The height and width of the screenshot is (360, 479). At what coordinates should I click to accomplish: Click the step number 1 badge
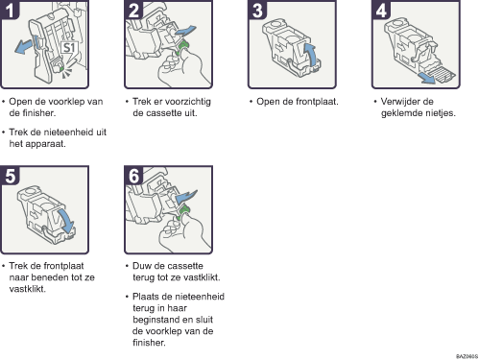[x=10, y=10]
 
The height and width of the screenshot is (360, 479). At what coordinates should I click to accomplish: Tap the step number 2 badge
[x=133, y=10]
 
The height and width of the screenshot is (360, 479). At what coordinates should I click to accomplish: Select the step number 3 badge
[x=257, y=10]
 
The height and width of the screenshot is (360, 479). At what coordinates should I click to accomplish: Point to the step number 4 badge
[x=381, y=10]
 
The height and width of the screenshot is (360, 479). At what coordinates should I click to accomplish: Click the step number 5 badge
[x=10, y=175]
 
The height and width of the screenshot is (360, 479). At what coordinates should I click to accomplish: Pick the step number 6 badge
[x=133, y=175]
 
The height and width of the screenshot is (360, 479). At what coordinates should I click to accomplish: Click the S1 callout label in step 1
[x=68, y=48]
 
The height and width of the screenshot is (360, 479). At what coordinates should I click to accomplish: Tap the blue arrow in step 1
[x=24, y=46]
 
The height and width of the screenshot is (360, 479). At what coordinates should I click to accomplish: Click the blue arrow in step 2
[x=185, y=31]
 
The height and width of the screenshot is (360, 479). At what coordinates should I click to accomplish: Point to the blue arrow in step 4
[x=426, y=78]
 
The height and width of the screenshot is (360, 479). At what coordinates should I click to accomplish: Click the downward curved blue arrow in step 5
[x=66, y=221]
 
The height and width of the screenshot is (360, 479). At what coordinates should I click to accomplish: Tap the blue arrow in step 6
[x=186, y=196]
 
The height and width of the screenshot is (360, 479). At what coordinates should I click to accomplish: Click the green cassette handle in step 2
[x=183, y=47]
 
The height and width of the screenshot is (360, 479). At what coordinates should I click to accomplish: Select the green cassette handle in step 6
[x=183, y=213]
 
